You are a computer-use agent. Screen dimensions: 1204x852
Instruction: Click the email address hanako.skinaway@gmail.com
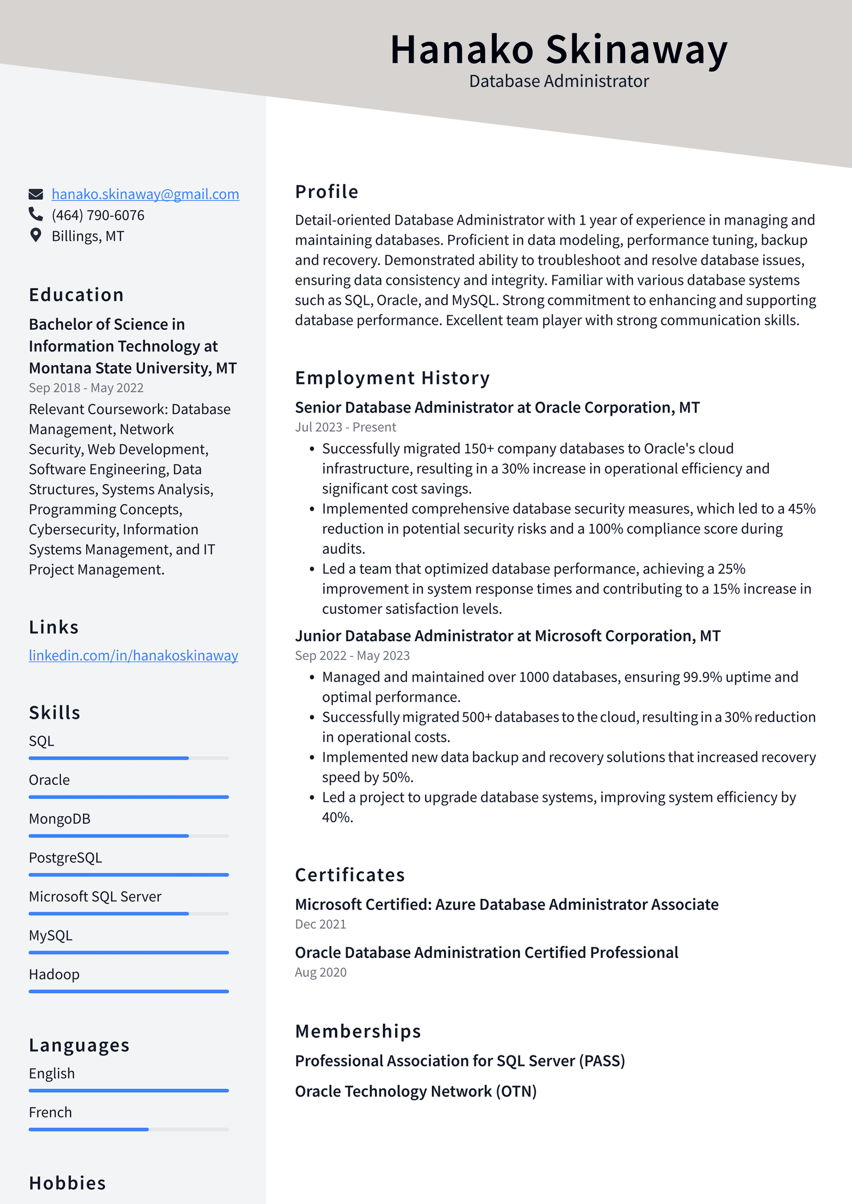pos(145,194)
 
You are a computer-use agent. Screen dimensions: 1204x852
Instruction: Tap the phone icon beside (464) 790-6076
pos(36,214)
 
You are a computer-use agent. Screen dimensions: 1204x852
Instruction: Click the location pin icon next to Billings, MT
pos(36,235)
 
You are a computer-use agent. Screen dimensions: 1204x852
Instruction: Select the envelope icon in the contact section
pos(36,194)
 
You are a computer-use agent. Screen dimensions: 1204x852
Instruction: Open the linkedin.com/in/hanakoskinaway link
pos(133,656)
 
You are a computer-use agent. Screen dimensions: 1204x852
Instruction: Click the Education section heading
pos(76,295)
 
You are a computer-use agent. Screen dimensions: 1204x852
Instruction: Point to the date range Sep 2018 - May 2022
pos(86,388)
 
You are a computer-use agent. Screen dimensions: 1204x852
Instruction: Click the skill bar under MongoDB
pos(128,836)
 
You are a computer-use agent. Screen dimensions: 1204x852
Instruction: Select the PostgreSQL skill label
pos(65,858)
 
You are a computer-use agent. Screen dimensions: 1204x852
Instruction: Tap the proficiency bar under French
pos(128,1129)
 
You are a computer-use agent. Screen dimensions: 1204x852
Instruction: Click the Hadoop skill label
pos(54,974)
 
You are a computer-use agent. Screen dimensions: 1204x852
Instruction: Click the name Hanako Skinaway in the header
pos(559,50)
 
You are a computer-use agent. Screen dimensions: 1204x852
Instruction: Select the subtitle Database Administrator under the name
pos(559,81)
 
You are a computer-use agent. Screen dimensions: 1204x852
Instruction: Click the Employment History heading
pos(392,378)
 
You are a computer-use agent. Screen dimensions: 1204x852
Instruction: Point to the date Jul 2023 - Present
pos(346,427)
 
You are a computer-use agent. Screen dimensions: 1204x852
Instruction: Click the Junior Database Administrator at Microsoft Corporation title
pos(507,636)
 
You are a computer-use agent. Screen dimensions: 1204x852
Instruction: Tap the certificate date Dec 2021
pos(321,924)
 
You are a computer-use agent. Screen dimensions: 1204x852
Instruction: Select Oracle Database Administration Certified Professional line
pos(486,953)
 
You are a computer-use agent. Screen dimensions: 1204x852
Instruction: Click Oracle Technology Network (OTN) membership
pos(415,1092)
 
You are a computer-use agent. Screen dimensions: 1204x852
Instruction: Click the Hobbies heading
pos(68,1183)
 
